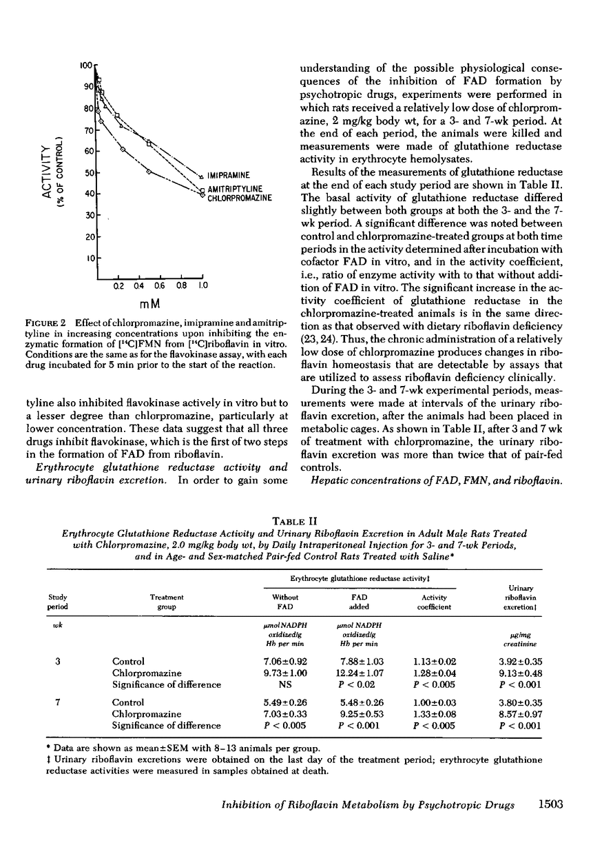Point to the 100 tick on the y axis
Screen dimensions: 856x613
[x=86, y=65]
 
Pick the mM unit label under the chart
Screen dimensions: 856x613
[x=149, y=304]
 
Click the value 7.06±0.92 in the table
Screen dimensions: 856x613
[x=281, y=661]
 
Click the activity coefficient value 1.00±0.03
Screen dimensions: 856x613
[x=434, y=702]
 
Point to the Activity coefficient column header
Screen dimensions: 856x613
[x=434, y=603]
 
